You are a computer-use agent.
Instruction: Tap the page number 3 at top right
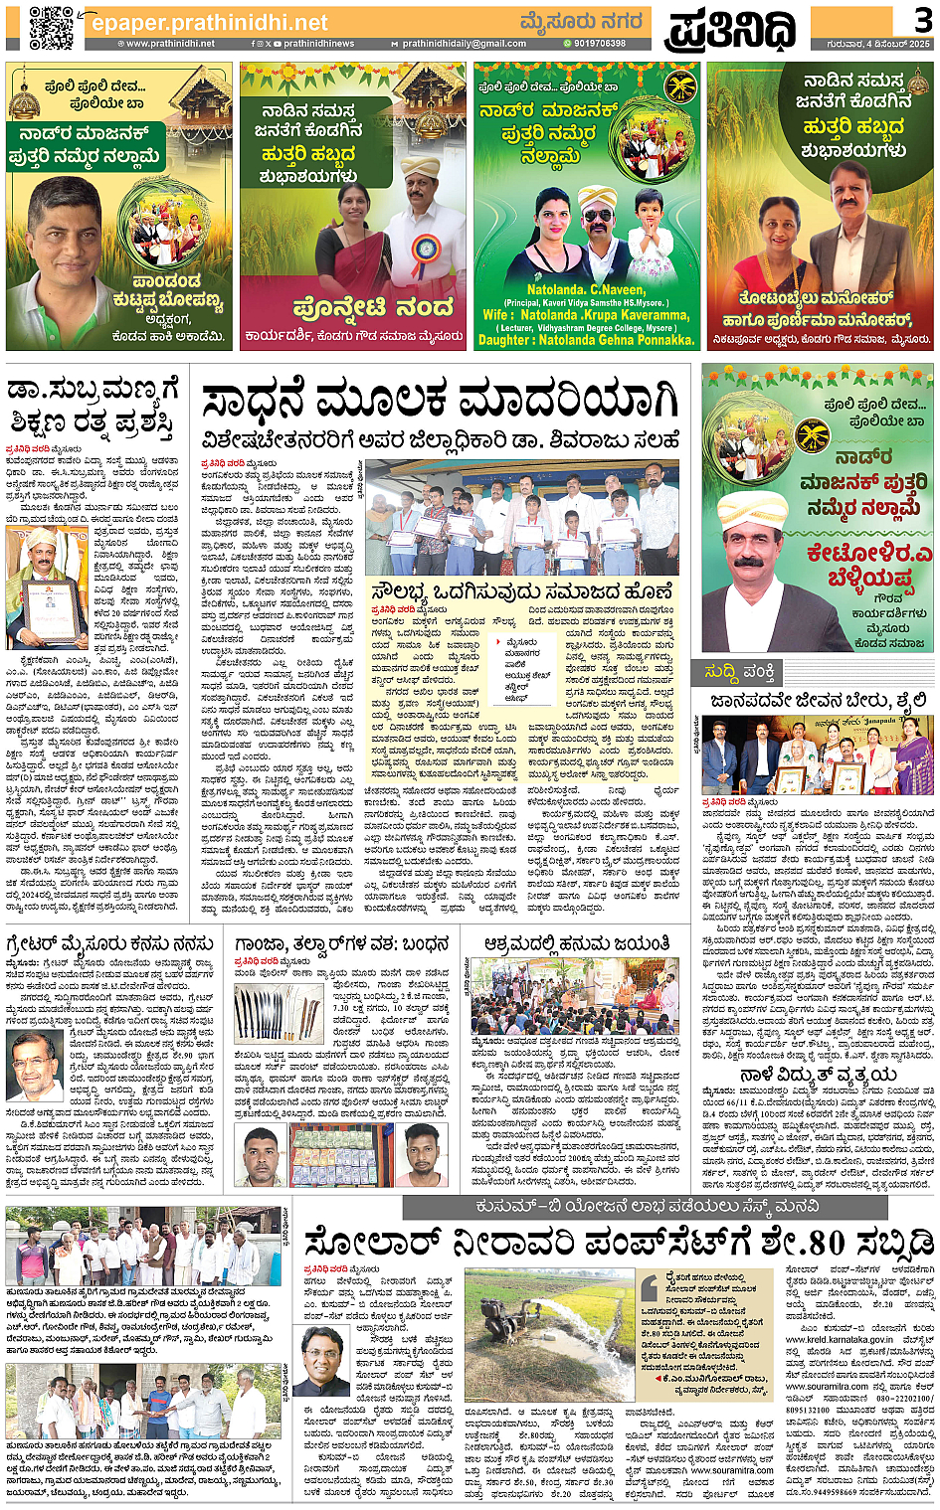click(x=922, y=19)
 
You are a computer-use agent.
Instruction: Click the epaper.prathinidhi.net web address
click(x=209, y=22)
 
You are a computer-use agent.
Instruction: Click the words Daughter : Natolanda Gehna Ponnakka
click(x=587, y=340)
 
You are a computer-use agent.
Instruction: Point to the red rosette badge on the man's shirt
click(x=426, y=245)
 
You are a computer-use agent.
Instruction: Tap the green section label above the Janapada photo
click(x=741, y=673)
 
